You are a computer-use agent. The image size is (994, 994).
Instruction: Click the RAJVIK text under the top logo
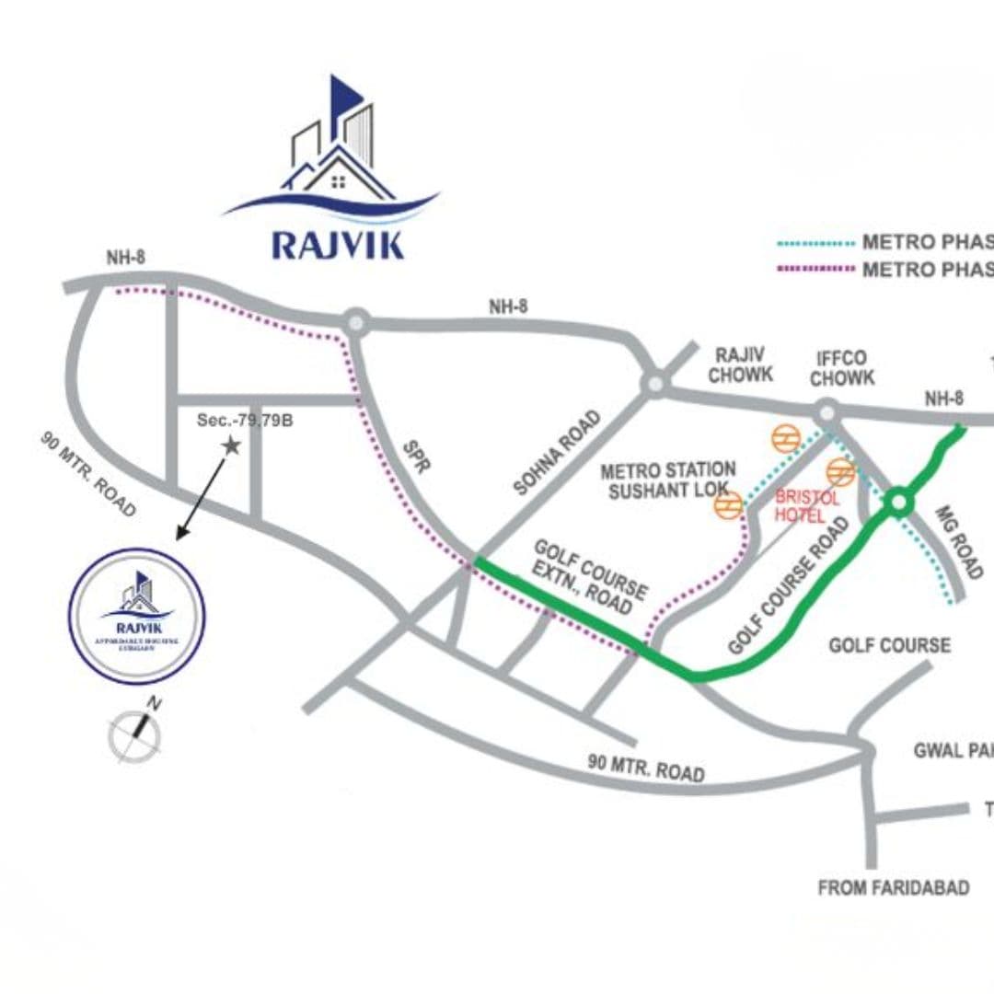(338, 246)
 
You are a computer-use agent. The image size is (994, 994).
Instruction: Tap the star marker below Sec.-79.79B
(230, 445)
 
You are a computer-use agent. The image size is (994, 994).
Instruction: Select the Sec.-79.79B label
(245, 421)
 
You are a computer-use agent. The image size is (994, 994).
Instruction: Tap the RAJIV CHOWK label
(741, 365)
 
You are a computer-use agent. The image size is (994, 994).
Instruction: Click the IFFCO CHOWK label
(842, 367)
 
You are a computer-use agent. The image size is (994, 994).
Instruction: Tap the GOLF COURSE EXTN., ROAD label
(589, 578)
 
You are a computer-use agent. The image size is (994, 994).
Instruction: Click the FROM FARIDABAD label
(894, 888)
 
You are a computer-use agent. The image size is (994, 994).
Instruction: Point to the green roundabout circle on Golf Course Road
(897, 503)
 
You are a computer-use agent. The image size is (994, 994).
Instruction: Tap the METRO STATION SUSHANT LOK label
(667, 480)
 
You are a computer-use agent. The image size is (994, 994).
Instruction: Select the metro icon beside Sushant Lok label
(729, 505)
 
